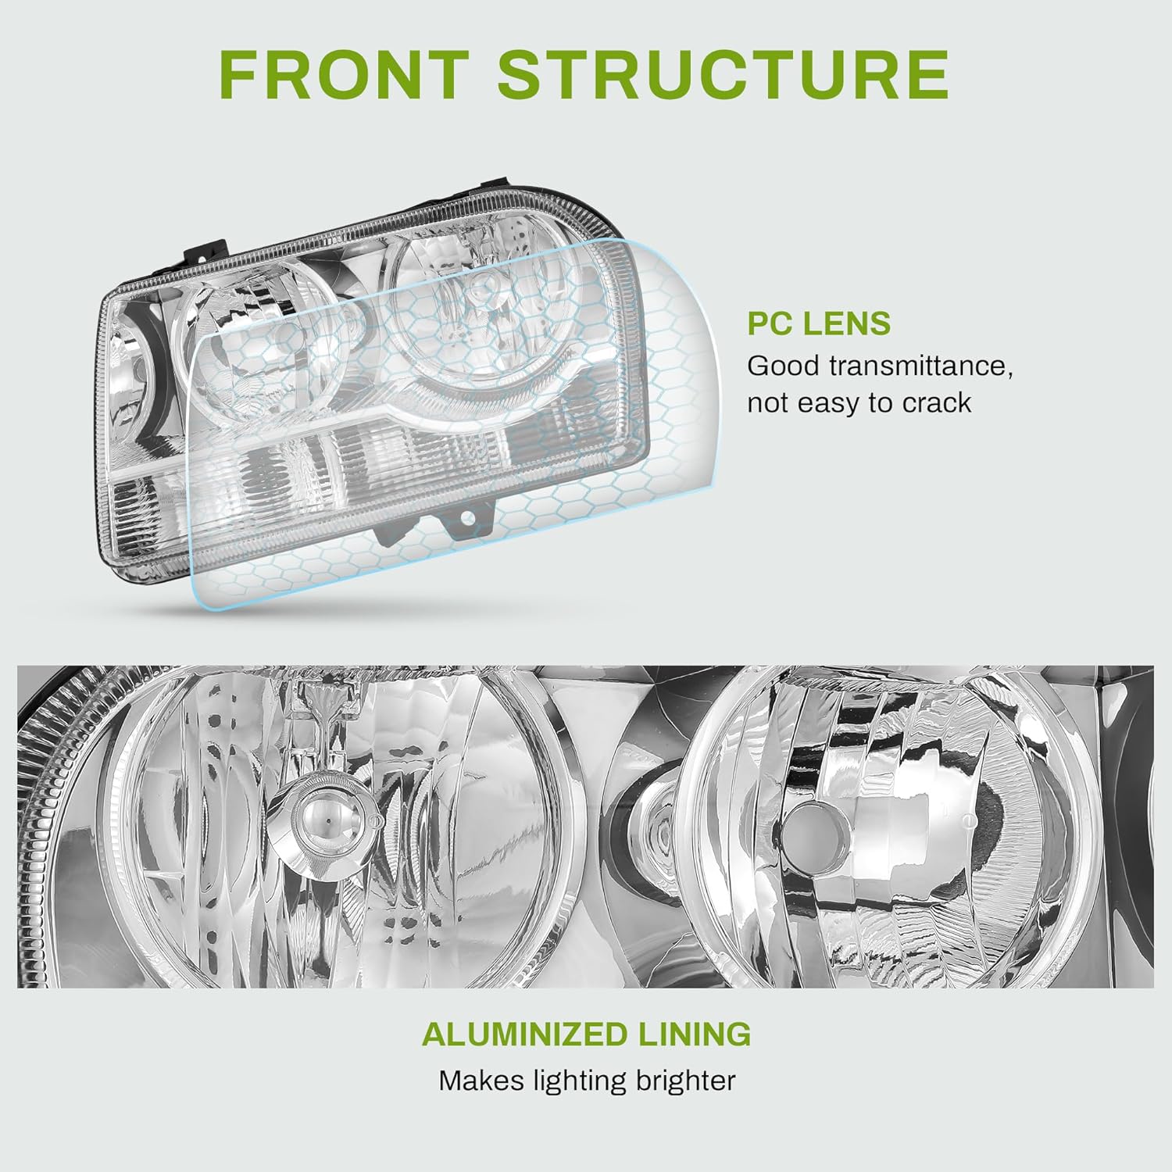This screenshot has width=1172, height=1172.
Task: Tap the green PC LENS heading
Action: click(819, 323)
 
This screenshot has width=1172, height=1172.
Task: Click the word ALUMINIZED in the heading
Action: click(524, 1034)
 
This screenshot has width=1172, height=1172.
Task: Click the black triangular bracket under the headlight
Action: click(391, 533)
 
